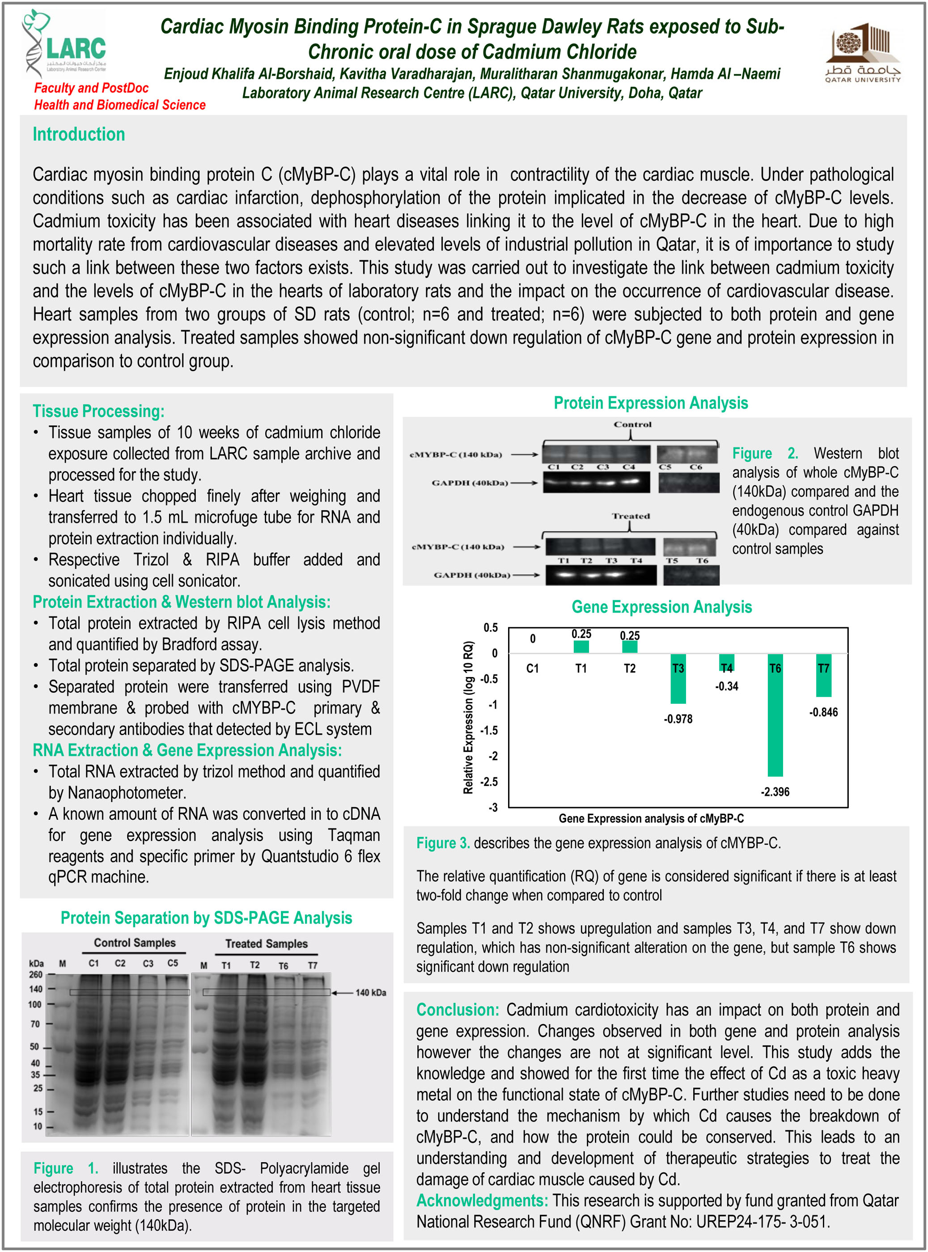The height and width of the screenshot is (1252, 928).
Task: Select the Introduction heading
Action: click(79, 134)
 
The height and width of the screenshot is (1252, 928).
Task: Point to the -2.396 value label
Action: click(775, 791)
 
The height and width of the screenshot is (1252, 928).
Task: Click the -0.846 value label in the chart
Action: click(823, 712)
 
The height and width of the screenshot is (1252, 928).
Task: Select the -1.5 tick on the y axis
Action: click(489, 730)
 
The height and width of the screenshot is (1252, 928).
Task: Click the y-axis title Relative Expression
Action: click(468, 717)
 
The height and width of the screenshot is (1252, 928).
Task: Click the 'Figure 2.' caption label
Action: click(764, 453)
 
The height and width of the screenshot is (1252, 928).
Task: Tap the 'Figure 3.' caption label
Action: click(443, 843)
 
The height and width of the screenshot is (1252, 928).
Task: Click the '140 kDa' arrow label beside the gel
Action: click(370, 993)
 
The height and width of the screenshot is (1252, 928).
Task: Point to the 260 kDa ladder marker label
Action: click(36, 974)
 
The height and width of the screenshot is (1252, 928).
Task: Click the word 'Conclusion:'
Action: click(457, 1010)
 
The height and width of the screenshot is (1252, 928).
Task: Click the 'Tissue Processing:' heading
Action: click(98, 411)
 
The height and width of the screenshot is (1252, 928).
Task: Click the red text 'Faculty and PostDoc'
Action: click(91, 88)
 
